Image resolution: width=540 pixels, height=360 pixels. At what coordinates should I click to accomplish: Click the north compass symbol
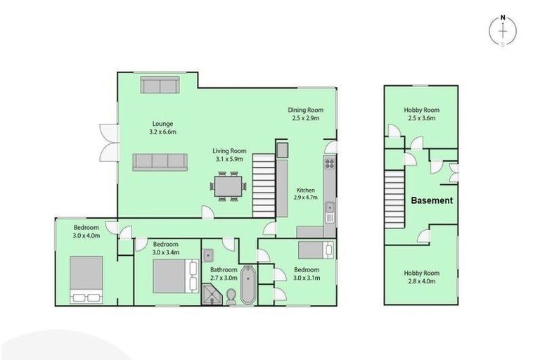pos(503,31)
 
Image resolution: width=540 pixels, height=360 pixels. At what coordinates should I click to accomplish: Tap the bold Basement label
pos(432,200)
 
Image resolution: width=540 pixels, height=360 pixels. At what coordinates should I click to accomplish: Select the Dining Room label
pos(305,110)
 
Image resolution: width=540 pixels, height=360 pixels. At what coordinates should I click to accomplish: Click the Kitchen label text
pos(305,190)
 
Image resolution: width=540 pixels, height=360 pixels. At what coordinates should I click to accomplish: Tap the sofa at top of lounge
pos(160,85)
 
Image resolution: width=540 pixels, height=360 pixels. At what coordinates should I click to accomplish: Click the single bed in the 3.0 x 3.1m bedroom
pos(315,250)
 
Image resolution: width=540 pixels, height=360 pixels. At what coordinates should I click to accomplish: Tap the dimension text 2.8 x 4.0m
pos(420,282)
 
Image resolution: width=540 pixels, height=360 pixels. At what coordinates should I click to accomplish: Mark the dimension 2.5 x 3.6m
pos(421,118)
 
